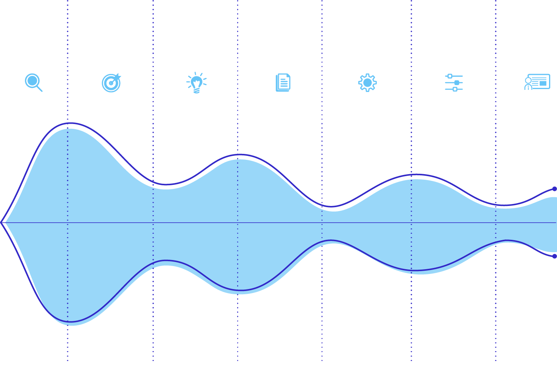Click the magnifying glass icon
[x=33, y=82]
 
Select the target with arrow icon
[x=111, y=83]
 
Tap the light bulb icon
[x=197, y=83]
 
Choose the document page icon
[x=283, y=83]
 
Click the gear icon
[x=367, y=83]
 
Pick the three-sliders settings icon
[x=454, y=83]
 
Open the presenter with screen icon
[x=537, y=82]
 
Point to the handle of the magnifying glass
[x=39, y=89]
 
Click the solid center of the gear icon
[x=367, y=83]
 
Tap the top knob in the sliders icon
[x=450, y=76]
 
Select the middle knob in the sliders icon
[x=457, y=83]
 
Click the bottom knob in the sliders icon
[x=455, y=89]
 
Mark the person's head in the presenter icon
[x=528, y=80]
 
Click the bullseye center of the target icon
[x=111, y=83]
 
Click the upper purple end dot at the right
[x=555, y=189]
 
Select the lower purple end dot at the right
[x=555, y=256]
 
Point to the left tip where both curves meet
[x=2, y=223]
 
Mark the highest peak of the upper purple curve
[x=70, y=123]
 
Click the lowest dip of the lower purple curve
[x=70, y=322]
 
